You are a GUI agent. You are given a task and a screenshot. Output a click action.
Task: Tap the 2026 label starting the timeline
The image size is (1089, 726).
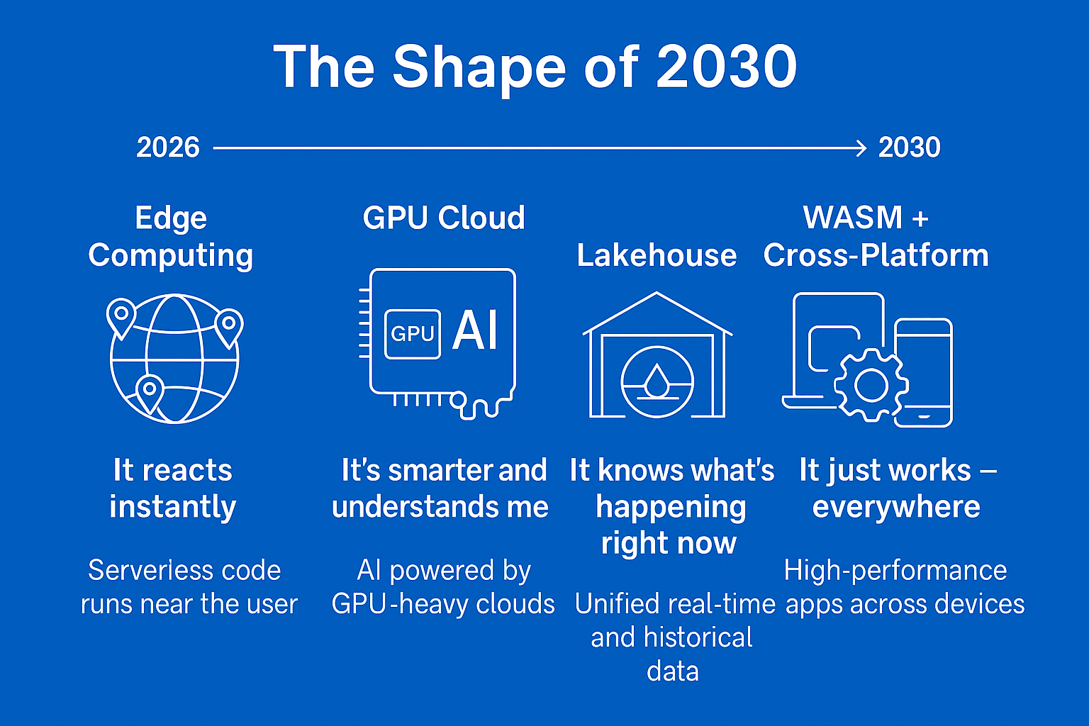[x=168, y=147]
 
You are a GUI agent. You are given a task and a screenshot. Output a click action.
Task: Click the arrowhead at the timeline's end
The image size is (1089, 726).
[x=861, y=148]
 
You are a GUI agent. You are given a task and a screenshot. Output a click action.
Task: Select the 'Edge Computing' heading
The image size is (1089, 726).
[x=171, y=236]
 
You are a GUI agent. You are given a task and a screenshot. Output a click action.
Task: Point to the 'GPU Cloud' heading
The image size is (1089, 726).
[x=444, y=218]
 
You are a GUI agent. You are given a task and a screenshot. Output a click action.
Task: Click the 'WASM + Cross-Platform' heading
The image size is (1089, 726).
[x=876, y=236]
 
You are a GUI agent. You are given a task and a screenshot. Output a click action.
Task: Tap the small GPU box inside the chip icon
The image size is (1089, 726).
[x=412, y=334]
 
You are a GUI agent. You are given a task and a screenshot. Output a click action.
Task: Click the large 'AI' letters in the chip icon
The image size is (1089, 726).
[x=476, y=330]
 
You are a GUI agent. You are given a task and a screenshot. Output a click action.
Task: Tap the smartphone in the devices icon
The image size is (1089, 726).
[x=923, y=372]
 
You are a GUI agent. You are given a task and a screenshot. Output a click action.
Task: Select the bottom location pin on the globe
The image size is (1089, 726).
[x=150, y=391]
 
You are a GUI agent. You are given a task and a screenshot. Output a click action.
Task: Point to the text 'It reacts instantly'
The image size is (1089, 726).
[x=172, y=488]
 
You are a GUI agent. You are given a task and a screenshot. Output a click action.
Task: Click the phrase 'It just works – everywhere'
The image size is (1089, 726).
[x=898, y=488]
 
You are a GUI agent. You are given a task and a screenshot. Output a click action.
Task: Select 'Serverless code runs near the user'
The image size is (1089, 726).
[x=189, y=587]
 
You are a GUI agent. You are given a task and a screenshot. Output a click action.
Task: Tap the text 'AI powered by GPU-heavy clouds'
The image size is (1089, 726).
[x=443, y=587]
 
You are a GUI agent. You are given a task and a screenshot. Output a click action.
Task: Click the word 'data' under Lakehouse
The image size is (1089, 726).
[x=673, y=671]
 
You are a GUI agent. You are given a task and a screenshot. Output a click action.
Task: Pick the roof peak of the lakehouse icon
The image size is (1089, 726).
[x=657, y=294]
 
